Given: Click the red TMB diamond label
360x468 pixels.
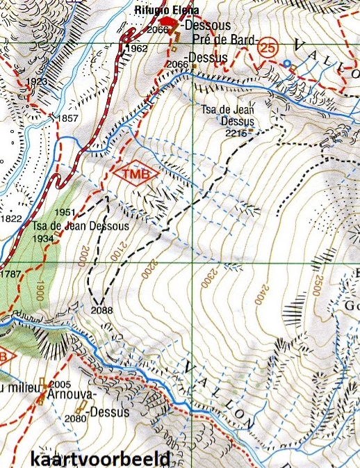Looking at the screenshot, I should point(136,174).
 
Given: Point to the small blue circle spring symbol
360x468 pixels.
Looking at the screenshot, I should point(286,64).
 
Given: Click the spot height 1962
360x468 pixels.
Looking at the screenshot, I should point(138,48).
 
